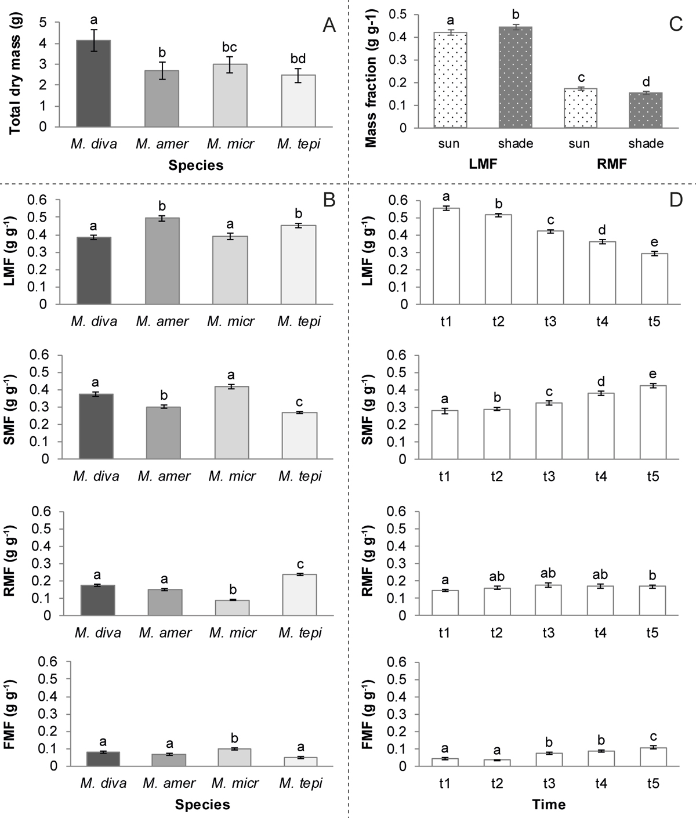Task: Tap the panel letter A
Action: coord(329,26)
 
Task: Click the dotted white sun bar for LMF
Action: coord(450,81)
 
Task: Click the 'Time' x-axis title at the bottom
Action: coord(549,805)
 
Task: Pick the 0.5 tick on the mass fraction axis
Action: coord(414,15)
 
